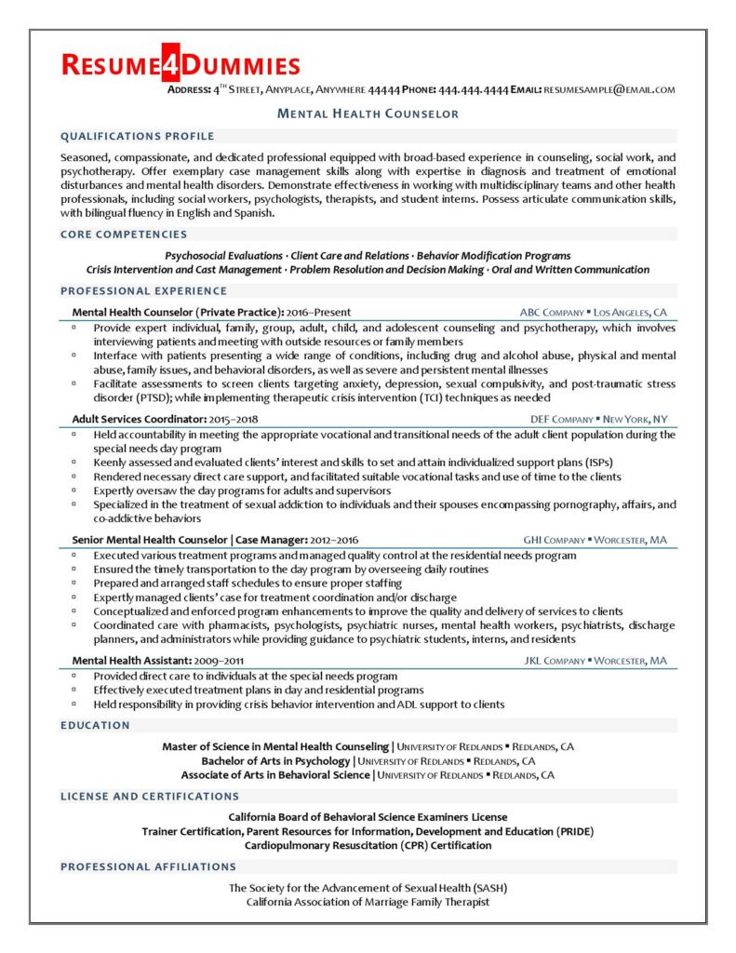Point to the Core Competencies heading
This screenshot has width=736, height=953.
124,235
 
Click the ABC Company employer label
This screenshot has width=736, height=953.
553,312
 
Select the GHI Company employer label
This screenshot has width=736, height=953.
555,540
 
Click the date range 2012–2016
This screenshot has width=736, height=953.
331,540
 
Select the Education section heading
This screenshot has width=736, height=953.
95,724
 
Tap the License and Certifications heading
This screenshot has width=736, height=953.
150,796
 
